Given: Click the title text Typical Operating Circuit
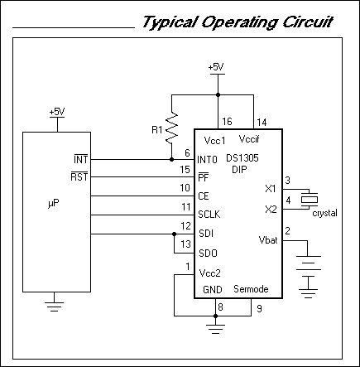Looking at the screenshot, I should [x=238, y=22].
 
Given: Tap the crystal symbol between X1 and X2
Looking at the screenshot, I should [x=310, y=198].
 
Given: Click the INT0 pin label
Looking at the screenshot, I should [x=209, y=158].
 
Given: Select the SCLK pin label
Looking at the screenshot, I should [x=209, y=215].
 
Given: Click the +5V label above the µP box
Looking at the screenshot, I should [x=56, y=111].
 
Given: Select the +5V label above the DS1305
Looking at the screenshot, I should [x=216, y=66].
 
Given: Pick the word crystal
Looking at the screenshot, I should [x=325, y=213].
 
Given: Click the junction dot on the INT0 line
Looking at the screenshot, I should [x=171, y=158].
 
